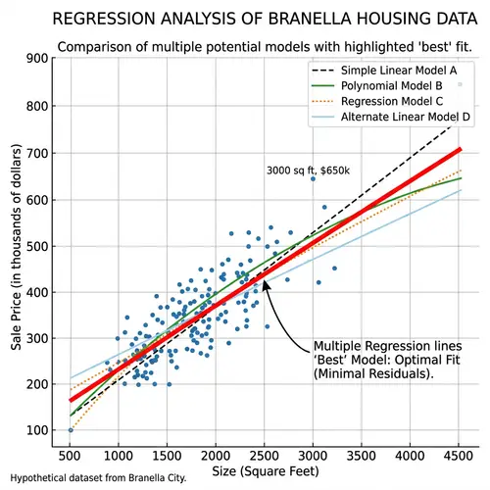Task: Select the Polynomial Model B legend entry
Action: (389, 86)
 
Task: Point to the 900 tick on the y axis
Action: (36, 59)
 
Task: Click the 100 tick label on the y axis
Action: (36, 430)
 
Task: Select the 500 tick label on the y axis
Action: (36, 245)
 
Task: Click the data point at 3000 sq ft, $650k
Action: (313, 179)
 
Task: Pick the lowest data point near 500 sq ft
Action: (70, 430)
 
